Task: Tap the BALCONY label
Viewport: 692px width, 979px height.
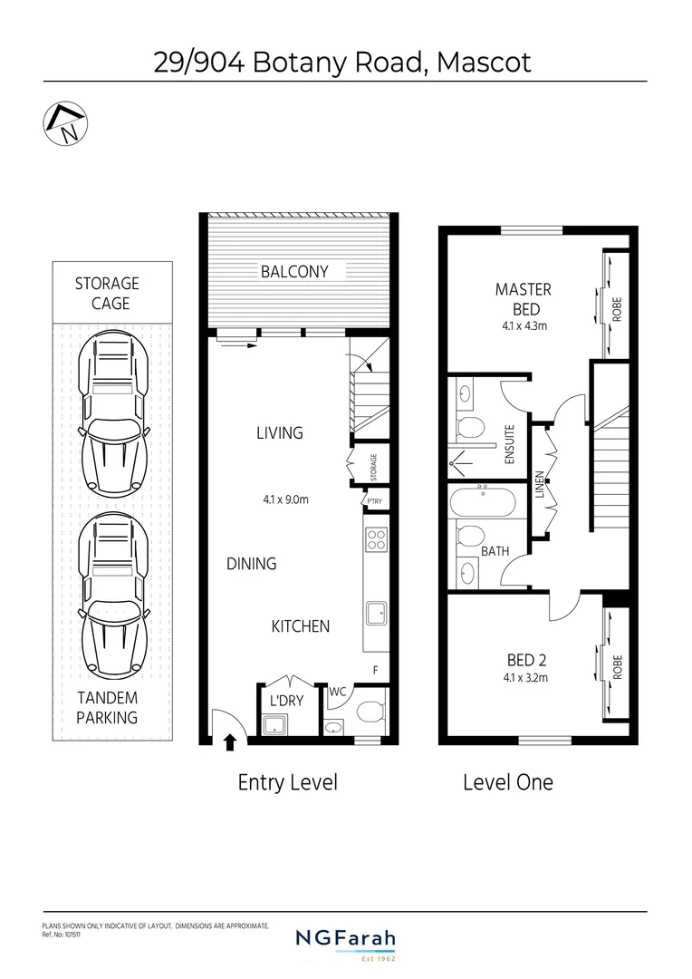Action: tap(294, 271)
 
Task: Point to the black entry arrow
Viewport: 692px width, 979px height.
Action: tap(229, 742)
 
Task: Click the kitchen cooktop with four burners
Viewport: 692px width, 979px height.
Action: tap(376, 540)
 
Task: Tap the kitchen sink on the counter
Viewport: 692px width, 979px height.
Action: tap(376, 615)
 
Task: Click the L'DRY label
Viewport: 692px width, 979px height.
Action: tap(286, 700)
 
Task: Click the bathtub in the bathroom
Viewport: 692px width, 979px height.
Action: tap(482, 501)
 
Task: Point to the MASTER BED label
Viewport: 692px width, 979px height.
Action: tap(523, 299)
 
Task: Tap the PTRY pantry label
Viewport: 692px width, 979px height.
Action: tap(373, 500)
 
